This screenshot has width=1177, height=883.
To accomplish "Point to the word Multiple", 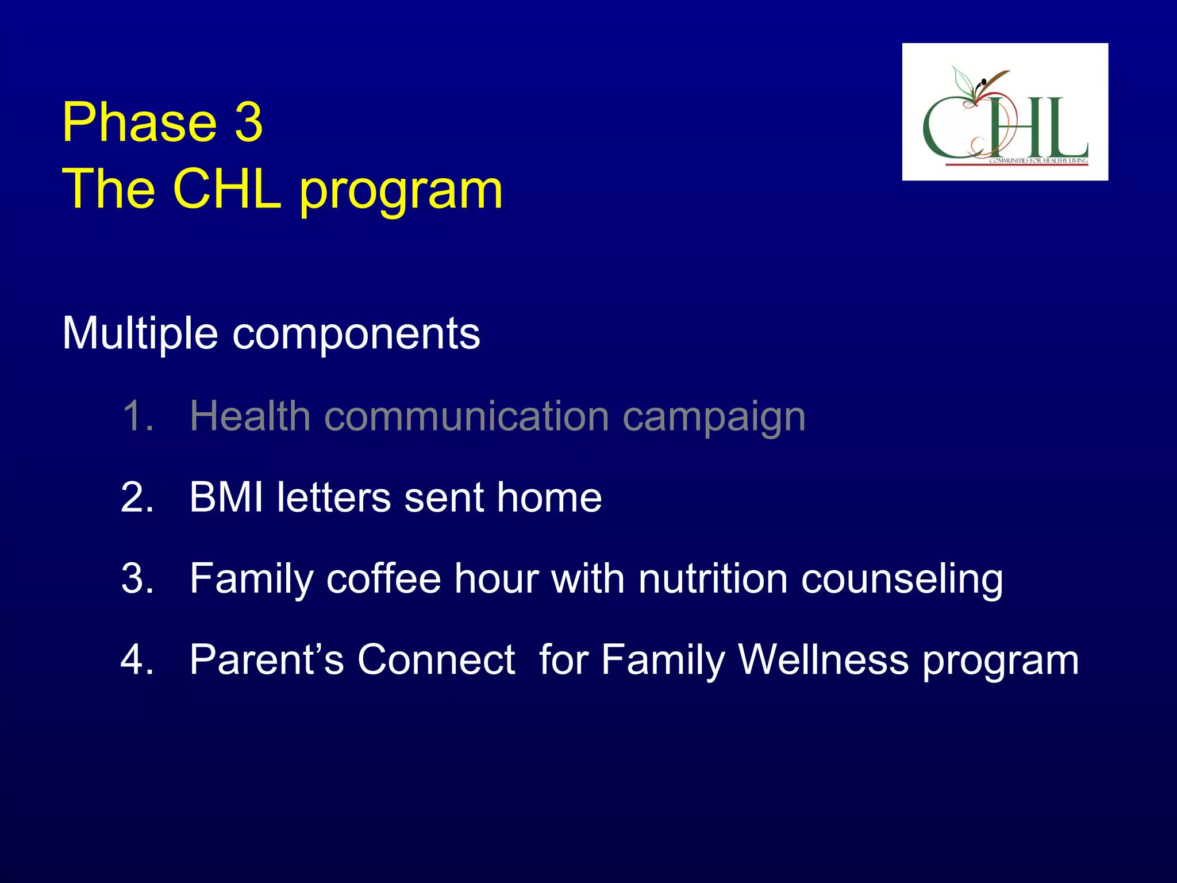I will coord(140,333).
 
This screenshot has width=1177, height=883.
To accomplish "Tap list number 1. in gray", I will coord(137,416).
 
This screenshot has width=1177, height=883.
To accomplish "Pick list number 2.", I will coord(137,497).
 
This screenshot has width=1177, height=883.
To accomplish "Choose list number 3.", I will coord(137,578).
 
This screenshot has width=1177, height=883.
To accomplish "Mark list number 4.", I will coord(137,659).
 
